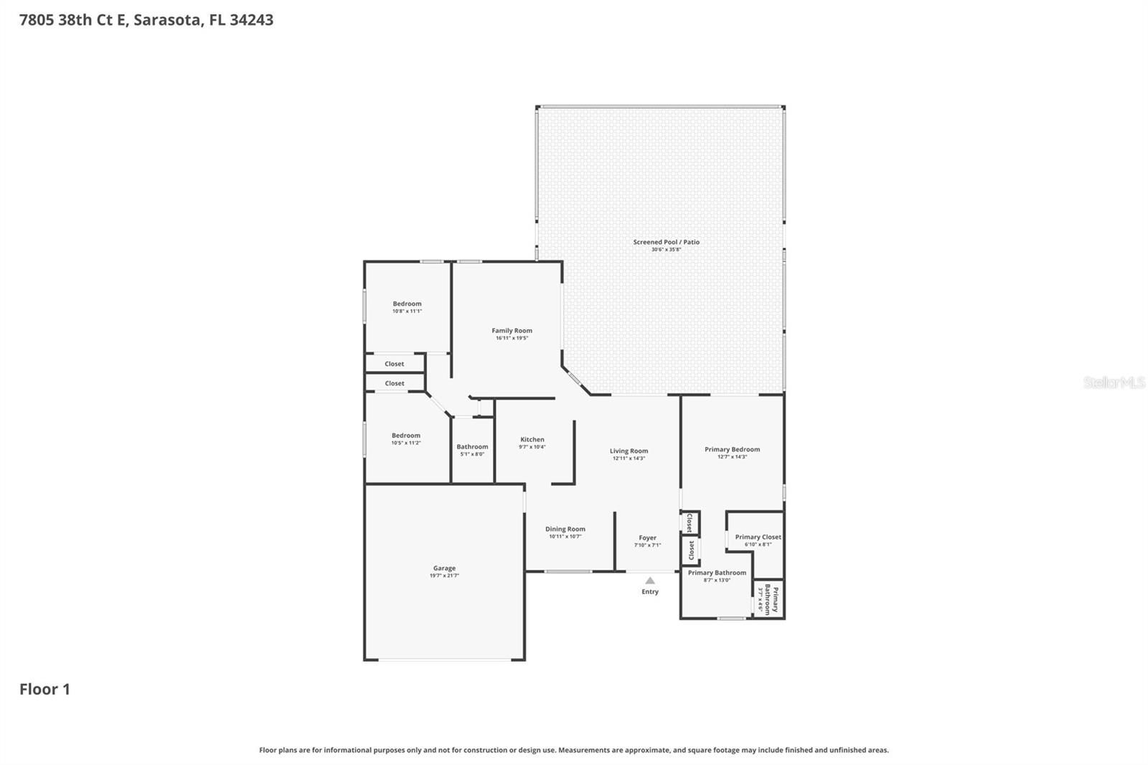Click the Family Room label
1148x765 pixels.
point(512,331)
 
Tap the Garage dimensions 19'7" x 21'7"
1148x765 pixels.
point(444,576)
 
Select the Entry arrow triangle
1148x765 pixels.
point(649,581)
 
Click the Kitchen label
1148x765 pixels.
point(532,439)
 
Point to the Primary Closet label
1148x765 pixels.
point(758,537)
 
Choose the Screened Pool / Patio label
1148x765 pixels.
point(666,242)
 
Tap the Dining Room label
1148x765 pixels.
point(565,529)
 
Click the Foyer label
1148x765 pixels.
point(647,538)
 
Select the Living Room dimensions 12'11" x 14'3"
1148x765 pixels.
point(629,459)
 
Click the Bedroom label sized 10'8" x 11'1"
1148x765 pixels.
point(407,304)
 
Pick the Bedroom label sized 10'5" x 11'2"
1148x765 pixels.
point(405,436)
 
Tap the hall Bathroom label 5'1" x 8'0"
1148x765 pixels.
point(472,446)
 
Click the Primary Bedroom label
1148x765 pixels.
point(732,449)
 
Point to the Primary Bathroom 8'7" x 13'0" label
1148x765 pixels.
point(717,573)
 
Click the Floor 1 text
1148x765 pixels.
point(44,689)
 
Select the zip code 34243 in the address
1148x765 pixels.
point(251,20)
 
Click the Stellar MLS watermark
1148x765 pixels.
point(1114,382)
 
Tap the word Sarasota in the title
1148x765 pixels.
point(167,20)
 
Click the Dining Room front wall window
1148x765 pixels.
point(568,572)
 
